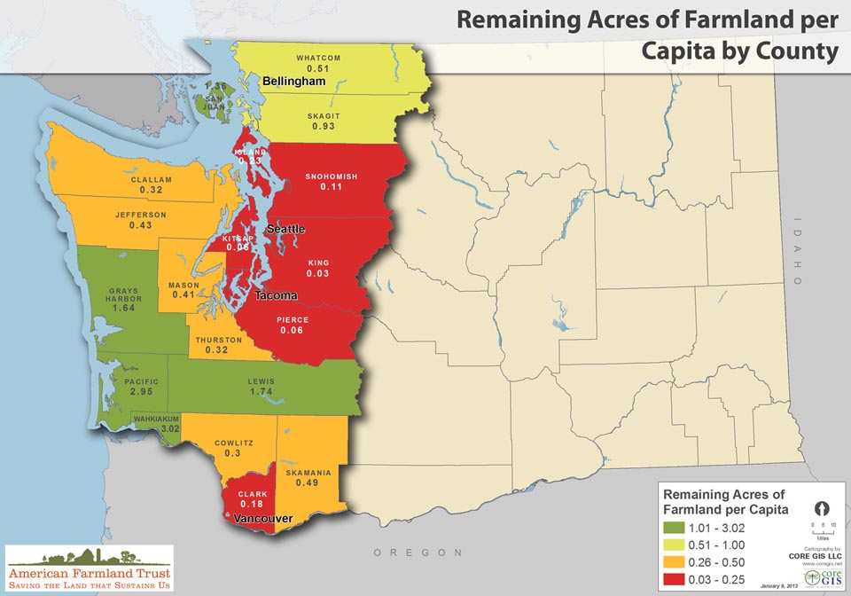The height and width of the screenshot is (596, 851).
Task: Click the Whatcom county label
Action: coord(318,58)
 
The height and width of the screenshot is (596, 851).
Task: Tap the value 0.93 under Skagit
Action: coord(324,127)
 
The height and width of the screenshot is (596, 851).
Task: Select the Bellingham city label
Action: coord(294,81)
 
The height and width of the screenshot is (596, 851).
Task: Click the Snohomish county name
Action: coord(332,176)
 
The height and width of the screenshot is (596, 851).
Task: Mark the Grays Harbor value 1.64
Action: coord(123,308)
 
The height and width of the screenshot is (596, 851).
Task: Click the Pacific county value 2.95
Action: coord(142,391)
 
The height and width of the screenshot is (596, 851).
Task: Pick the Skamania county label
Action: coord(308,473)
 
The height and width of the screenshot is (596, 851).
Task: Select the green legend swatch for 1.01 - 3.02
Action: coord(675,527)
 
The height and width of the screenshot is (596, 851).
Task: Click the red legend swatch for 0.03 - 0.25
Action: coord(675,579)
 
